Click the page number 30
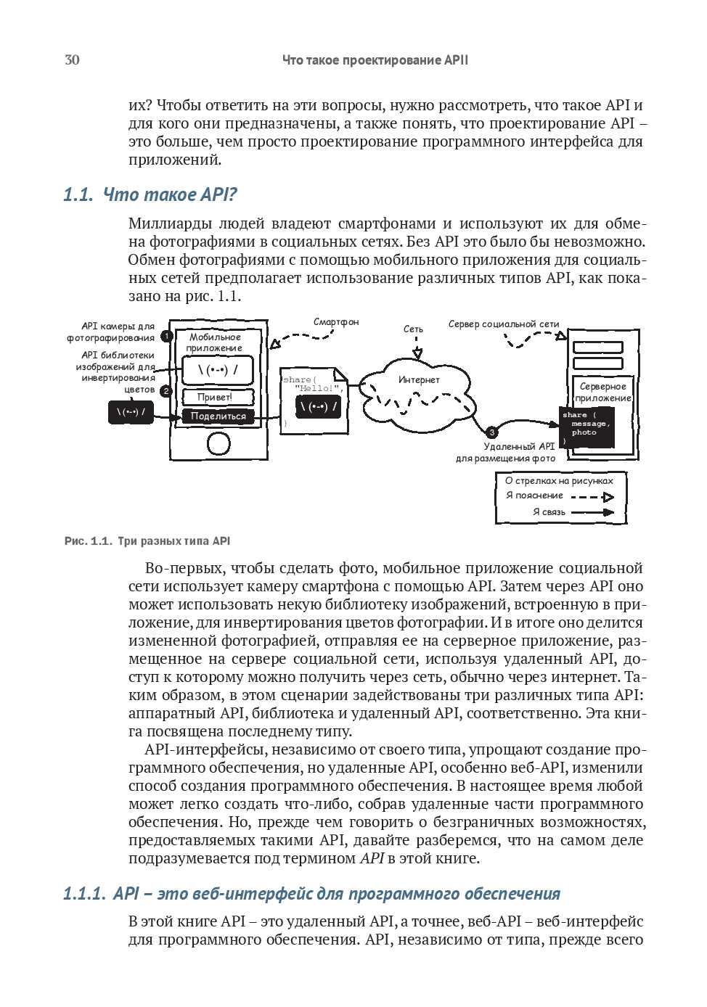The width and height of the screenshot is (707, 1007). point(72,60)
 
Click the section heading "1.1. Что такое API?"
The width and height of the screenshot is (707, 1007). point(150,194)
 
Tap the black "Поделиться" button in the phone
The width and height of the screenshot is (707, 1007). point(218,416)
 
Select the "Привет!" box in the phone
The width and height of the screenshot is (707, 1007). point(216,397)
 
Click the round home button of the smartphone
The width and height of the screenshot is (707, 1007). point(218,443)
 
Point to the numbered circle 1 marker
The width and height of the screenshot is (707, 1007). point(166,336)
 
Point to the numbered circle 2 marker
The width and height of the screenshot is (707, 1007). point(165,390)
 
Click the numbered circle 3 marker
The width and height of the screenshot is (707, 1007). point(491,432)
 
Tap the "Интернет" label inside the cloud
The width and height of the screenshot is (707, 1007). point(419,380)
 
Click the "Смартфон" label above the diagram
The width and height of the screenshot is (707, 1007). point(335,322)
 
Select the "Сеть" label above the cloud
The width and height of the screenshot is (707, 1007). point(413,329)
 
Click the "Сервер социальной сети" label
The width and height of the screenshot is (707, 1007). point(503,324)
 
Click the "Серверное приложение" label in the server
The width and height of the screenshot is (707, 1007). point(602,392)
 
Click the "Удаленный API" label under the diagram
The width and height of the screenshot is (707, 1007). point(519,447)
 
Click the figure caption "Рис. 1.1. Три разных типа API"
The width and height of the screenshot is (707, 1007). point(147,541)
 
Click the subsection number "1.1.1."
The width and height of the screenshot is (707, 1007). point(84,894)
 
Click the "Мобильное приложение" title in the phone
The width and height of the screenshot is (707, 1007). point(215,342)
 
